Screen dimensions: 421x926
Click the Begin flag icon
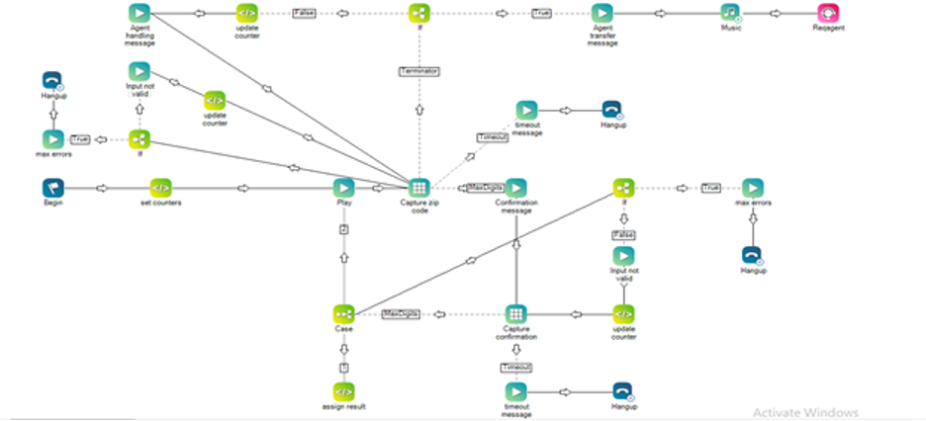coord(53,187)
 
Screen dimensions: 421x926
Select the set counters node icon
coord(160,187)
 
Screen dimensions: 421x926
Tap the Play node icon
coord(343,187)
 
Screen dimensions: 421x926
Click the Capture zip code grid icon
coord(418,187)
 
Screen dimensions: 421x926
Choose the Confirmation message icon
coord(515,187)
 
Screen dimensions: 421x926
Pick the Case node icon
coord(343,313)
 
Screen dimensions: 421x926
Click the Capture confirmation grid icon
coord(515,313)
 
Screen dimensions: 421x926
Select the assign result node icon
coord(343,391)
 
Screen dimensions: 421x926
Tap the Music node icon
coord(731,13)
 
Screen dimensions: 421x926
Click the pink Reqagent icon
coord(829,13)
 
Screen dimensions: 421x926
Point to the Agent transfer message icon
coord(602,13)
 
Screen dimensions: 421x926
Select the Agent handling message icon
coord(139,13)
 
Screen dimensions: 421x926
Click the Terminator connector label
coord(419,71)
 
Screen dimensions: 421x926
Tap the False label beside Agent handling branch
coord(303,13)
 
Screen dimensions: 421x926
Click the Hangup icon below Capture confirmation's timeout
coord(622,391)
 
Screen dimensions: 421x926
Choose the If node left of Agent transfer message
coord(419,13)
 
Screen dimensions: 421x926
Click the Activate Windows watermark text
coord(804,412)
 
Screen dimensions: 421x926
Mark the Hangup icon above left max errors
coord(53,80)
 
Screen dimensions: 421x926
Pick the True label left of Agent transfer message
coord(541,13)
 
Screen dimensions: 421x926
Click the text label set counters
coord(160,204)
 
